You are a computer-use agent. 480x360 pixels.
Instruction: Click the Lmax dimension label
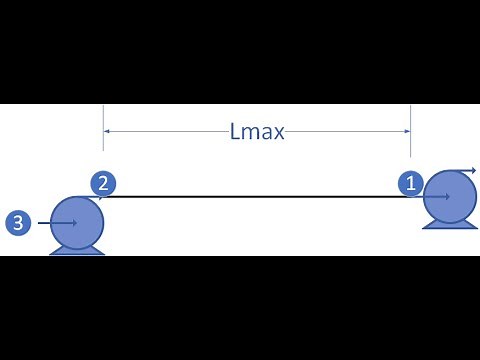click(257, 130)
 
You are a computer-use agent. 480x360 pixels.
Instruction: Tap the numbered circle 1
click(411, 183)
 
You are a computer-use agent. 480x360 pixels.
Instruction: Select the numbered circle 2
click(103, 183)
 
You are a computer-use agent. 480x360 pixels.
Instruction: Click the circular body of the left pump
click(77, 221)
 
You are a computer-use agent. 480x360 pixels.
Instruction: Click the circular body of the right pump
click(450, 198)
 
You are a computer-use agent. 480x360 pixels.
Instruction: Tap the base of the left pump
click(77, 249)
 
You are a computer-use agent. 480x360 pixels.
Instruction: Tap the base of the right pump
click(450, 224)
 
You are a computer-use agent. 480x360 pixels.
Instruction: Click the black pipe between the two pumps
click(260, 196)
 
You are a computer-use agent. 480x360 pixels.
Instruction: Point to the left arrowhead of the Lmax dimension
click(107, 130)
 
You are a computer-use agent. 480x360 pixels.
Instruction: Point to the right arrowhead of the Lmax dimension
click(407, 130)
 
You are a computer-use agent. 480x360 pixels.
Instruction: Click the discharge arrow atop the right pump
click(465, 172)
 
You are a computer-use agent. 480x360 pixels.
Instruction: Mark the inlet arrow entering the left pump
click(60, 223)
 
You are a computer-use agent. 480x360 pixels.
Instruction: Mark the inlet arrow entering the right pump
click(435, 196)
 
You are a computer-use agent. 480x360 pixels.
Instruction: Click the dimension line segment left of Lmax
click(165, 130)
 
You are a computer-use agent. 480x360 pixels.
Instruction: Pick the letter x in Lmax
click(278, 132)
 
